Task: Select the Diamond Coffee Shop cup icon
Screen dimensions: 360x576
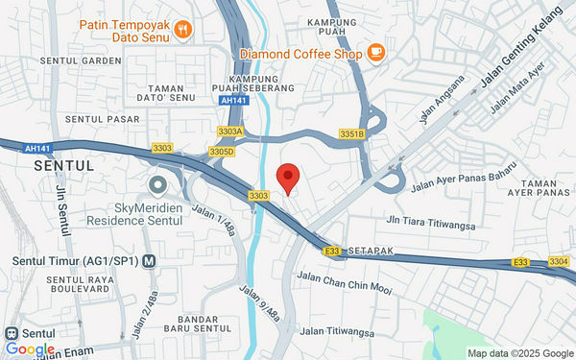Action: (375, 53)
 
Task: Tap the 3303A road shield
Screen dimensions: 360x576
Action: (230, 131)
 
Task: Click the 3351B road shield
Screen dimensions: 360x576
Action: (352, 133)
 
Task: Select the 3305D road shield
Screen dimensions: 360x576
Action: (222, 152)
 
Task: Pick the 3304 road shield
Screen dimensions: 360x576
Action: (560, 261)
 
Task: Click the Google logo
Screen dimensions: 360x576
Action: (30, 349)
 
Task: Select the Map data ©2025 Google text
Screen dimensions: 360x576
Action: (518, 352)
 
